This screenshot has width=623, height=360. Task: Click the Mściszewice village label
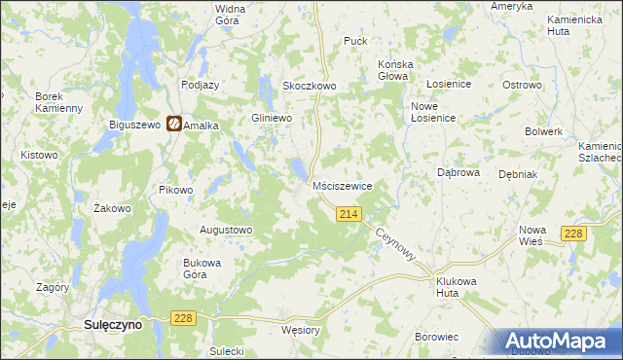click(343, 185)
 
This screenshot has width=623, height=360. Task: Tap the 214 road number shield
click(349, 213)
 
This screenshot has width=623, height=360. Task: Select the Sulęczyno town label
click(111, 326)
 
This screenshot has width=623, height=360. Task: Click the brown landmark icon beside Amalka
click(173, 124)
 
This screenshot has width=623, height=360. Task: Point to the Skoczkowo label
click(309, 86)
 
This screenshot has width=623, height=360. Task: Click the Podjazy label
click(200, 85)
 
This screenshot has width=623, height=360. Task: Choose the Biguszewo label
click(135, 125)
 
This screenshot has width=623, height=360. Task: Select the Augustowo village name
click(226, 230)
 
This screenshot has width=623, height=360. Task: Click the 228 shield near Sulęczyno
click(182, 317)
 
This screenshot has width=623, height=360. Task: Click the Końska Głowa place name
click(396, 71)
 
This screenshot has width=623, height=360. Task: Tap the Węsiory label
click(300, 330)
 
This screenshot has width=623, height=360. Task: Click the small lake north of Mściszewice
click(294, 171)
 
